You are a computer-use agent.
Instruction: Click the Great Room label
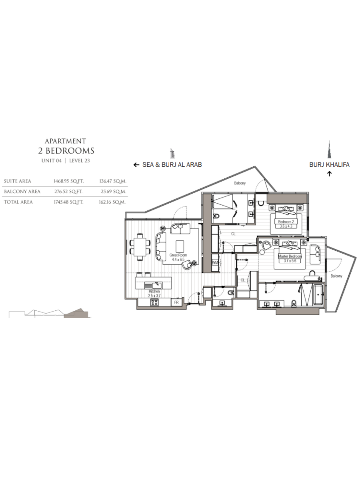178,255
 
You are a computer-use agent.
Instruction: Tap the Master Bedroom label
290,256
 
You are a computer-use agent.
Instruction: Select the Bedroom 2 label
286,222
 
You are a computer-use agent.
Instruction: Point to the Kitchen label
154,291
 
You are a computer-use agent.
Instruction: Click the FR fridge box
176,302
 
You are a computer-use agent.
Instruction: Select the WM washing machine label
215,263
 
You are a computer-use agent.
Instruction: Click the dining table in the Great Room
140,247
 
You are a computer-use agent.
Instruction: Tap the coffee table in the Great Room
180,246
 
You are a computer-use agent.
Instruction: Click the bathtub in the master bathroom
319,295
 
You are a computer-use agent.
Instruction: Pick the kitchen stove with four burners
154,303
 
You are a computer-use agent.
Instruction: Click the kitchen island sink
157,286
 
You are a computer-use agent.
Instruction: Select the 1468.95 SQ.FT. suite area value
69,181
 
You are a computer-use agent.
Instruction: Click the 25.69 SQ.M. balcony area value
114,192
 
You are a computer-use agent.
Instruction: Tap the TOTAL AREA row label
18,202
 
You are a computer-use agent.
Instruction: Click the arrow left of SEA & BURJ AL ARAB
136,165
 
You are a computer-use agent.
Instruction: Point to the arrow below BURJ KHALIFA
329,174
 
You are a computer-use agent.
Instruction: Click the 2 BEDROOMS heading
66,151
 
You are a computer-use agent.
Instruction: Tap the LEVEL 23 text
80,161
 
